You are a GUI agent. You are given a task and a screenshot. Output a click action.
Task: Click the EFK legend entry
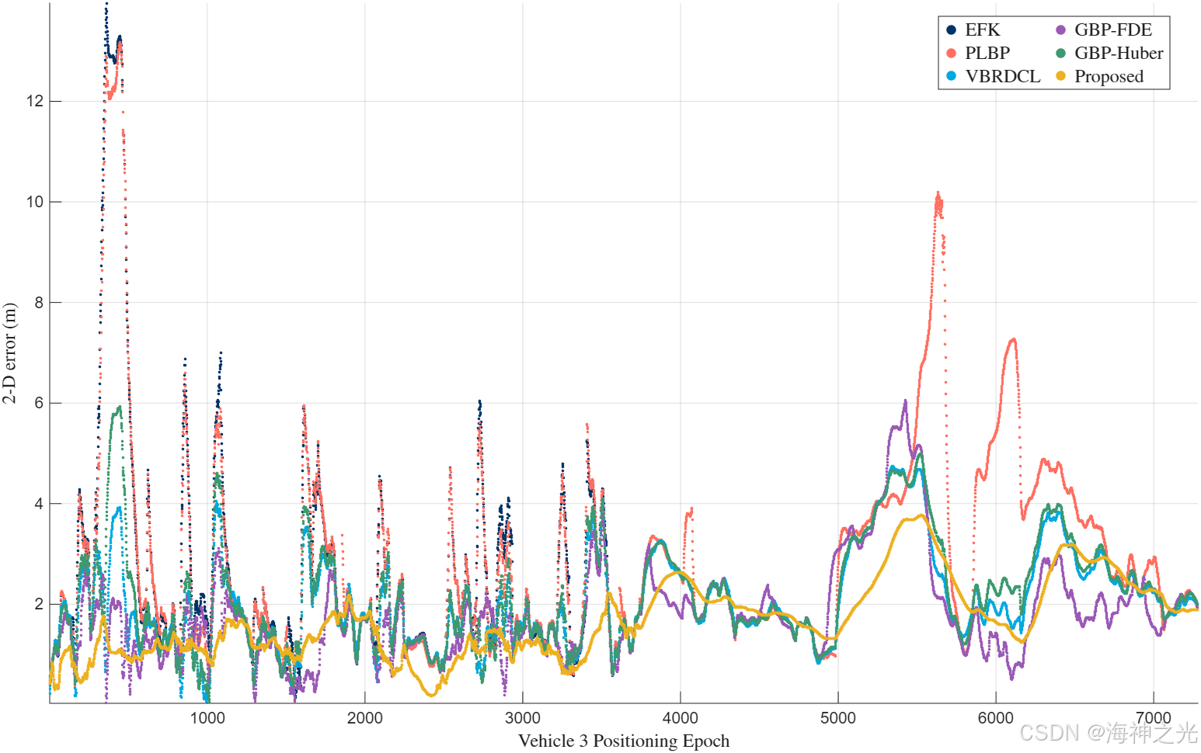(x=973, y=30)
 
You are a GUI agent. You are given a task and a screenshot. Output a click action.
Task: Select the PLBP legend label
(x=979, y=53)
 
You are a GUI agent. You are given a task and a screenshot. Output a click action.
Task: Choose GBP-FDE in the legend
(x=1104, y=30)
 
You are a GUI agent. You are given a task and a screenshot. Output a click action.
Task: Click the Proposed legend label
(x=1100, y=77)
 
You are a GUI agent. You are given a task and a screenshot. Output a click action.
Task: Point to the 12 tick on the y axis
(x=35, y=101)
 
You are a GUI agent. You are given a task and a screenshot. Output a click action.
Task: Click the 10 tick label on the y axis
(x=35, y=202)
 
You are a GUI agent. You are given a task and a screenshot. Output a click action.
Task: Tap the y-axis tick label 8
(x=39, y=302)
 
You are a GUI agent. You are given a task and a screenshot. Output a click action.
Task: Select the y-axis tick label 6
(x=39, y=403)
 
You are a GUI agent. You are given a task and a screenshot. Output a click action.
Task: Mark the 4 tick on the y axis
(x=39, y=504)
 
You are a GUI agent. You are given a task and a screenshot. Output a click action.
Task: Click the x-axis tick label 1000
(x=207, y=717)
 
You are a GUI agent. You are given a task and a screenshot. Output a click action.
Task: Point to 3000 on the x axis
(x=523, y=717)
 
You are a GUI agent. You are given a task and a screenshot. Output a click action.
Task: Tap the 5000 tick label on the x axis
(x=838, y=717)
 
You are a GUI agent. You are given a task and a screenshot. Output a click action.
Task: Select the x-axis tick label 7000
(x=1154, y=717)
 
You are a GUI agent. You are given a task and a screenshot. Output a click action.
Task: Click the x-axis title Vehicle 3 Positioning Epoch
(x=624, y=741)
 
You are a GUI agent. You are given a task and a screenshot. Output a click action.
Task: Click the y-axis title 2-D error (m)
(x=9, y=352)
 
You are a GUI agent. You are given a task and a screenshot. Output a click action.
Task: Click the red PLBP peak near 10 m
(x=938, y=193)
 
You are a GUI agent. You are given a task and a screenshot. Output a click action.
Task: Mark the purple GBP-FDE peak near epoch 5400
(x=905, y=401)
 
